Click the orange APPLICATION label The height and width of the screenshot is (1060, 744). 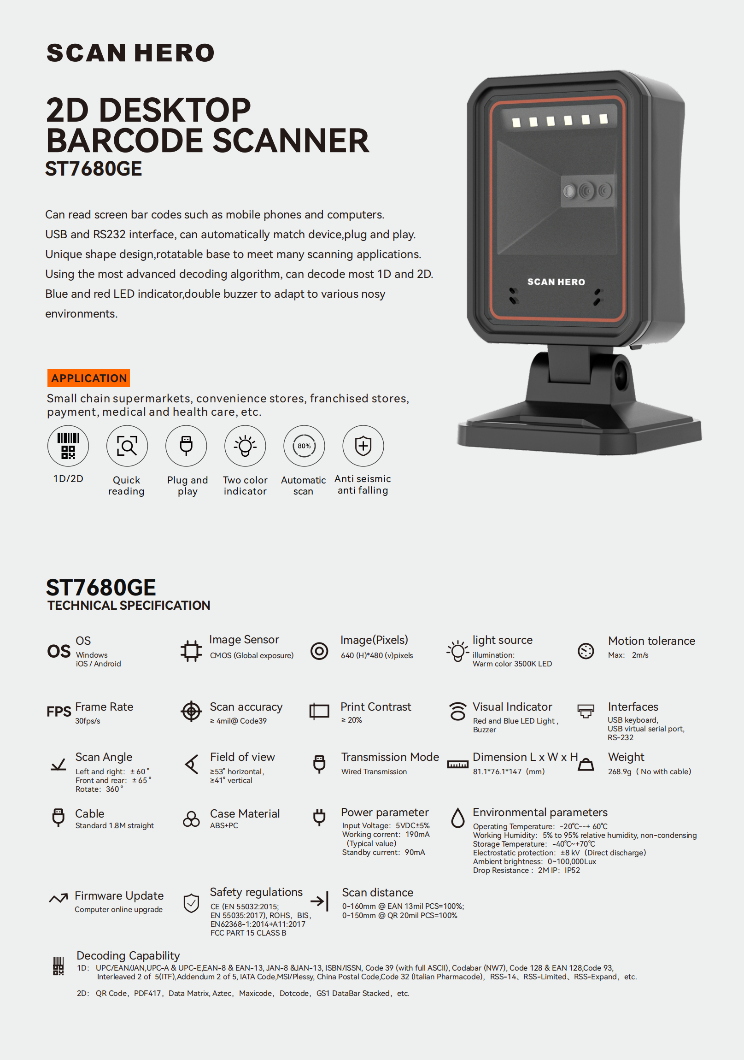point(88,378)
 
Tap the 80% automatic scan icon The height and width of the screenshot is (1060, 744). point(304,446)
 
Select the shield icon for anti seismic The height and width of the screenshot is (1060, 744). point(363,446)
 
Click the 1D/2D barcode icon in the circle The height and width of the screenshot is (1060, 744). point(68,446)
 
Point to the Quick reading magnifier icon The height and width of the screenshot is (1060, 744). point(127,446)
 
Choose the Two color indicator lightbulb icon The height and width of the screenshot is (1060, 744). point(245,446)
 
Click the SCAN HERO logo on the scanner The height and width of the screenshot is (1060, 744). point(556,282)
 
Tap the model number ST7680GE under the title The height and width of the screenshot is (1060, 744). point(94,169)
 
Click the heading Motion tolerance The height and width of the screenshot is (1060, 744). point(651,641)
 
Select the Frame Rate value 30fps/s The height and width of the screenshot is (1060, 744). point(88,721)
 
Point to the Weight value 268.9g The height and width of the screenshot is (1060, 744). point(619,771)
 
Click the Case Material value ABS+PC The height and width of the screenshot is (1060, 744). point(224,825)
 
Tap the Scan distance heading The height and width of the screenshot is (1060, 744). point(378,892)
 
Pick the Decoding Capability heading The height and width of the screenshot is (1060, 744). point(129,955)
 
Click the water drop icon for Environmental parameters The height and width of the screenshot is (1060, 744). point(458,818)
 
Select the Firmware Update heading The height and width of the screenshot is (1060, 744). point(119,895)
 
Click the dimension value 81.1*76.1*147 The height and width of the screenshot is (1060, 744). point(497,771)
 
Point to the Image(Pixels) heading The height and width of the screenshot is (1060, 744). point(375,640)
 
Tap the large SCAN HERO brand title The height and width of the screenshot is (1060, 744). point(131,53)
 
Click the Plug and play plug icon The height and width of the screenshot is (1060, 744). point(186,446)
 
